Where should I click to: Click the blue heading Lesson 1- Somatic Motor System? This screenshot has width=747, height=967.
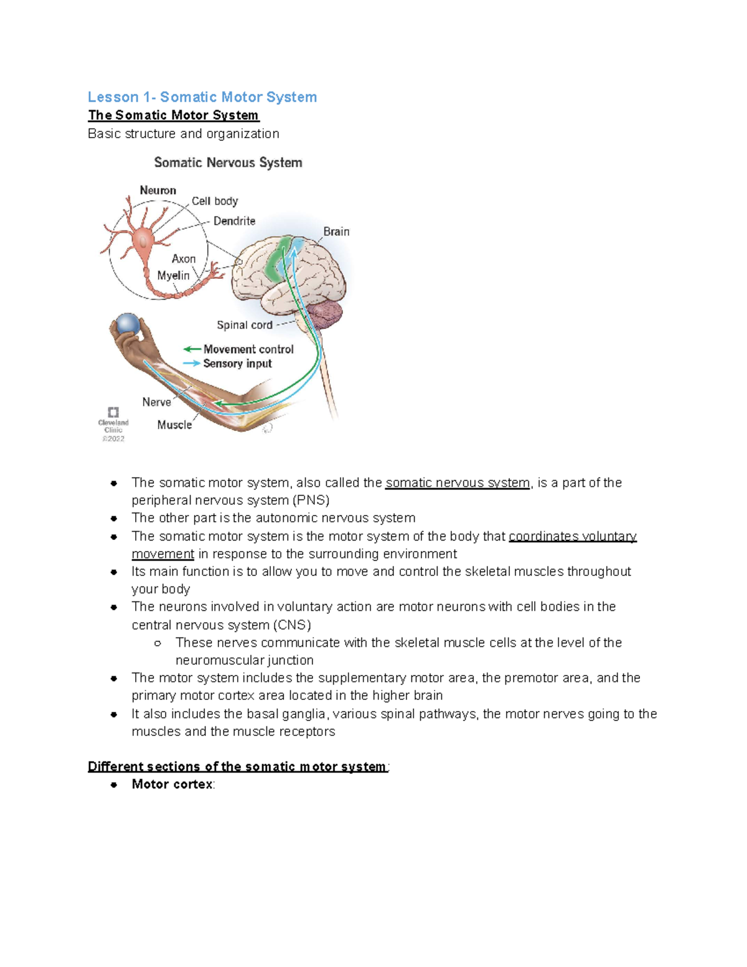[202, 97]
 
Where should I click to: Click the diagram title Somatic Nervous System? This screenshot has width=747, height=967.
[228, 163]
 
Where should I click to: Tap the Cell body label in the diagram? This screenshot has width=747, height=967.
[215, 201]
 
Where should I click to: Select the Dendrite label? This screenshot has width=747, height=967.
[234, 221]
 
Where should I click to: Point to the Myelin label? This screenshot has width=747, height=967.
[173, 275]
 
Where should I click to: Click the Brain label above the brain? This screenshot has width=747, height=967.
[336, 232]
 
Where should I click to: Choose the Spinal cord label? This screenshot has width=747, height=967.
[244, 325]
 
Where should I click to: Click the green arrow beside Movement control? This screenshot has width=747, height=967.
[192, 349]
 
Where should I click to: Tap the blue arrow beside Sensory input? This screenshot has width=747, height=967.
[192, 364]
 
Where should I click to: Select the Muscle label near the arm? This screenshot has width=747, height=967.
[174, 425]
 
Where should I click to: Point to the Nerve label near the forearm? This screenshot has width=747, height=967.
[156, 402]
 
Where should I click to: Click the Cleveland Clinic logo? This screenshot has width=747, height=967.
[113, 412]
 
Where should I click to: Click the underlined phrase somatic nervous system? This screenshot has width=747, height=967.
[458, 483]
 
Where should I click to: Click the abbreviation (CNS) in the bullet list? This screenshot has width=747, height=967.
[291, 625]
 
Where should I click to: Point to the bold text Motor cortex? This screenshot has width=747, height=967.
[172, 785]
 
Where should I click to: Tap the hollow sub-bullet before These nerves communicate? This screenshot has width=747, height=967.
[157, 643]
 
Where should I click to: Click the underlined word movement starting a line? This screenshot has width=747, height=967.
[163, 554]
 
